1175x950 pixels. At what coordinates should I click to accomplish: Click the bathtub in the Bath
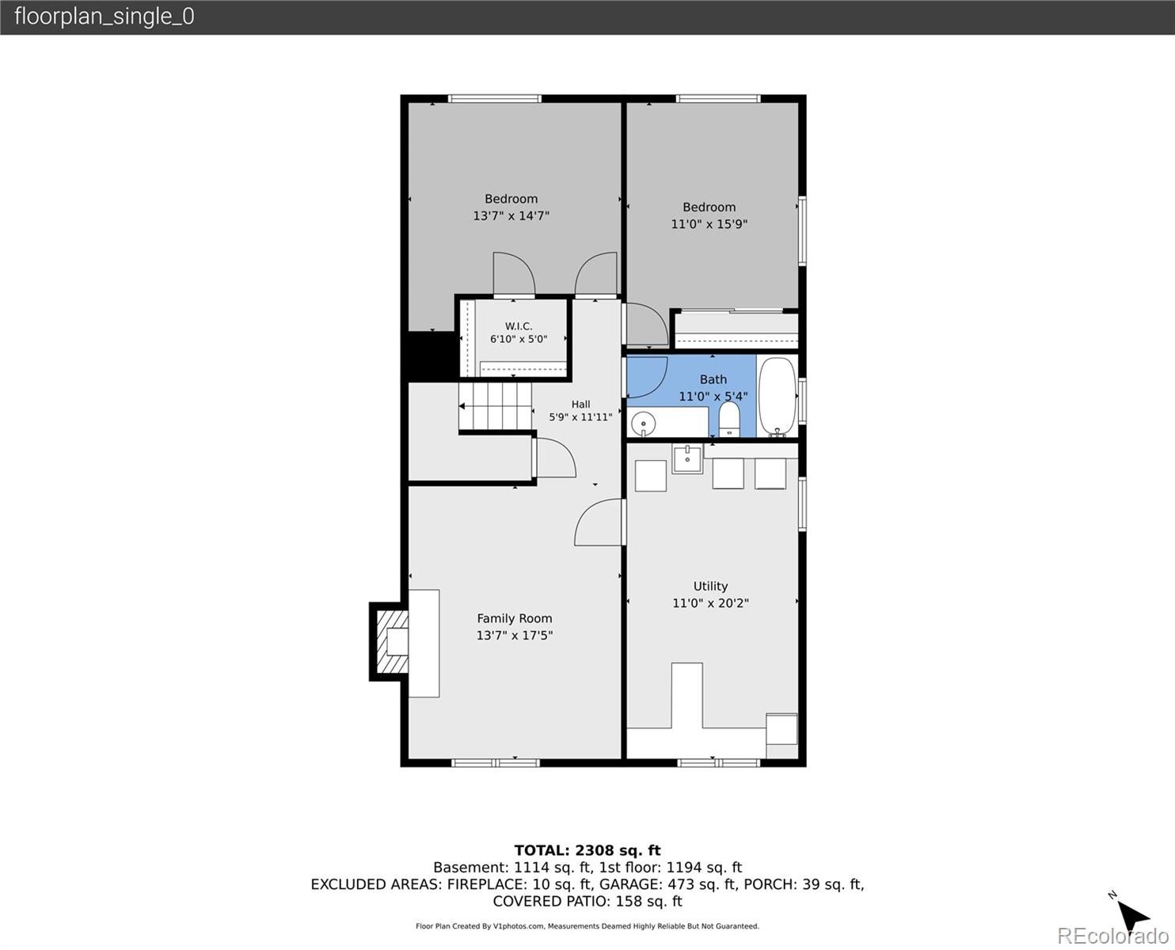click(x=778, y=396)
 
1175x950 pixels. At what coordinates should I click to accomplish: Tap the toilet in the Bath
click(x=728, y=420)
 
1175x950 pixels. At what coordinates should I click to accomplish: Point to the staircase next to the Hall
click(x=495, y=406)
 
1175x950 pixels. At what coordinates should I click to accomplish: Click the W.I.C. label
click(x=519, y=326)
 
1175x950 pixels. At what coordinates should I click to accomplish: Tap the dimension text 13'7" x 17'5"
click(x=515, y=635)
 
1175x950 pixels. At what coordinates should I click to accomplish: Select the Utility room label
click(x=710, y=586)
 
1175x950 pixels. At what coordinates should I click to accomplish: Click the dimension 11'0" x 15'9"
click(x=709, y=224)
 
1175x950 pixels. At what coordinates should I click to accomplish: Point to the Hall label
click(x=580, y=405)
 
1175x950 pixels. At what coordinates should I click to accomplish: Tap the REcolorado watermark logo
click(x=1112, y=936)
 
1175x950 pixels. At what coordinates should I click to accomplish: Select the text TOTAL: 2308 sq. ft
click(x=587, y=851)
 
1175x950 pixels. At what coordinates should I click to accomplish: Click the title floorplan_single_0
click(x=105, y=17)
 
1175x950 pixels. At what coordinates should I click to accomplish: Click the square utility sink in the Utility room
click(x=687, y=459)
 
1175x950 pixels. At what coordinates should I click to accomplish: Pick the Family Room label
click(x=515, y=618)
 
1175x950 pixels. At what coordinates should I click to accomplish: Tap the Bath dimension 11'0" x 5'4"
click(x=713, y=397)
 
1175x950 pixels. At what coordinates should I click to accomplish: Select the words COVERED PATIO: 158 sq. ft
click(x=587, y=902)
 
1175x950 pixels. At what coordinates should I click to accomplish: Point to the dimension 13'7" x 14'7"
click(x=511, y=215)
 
